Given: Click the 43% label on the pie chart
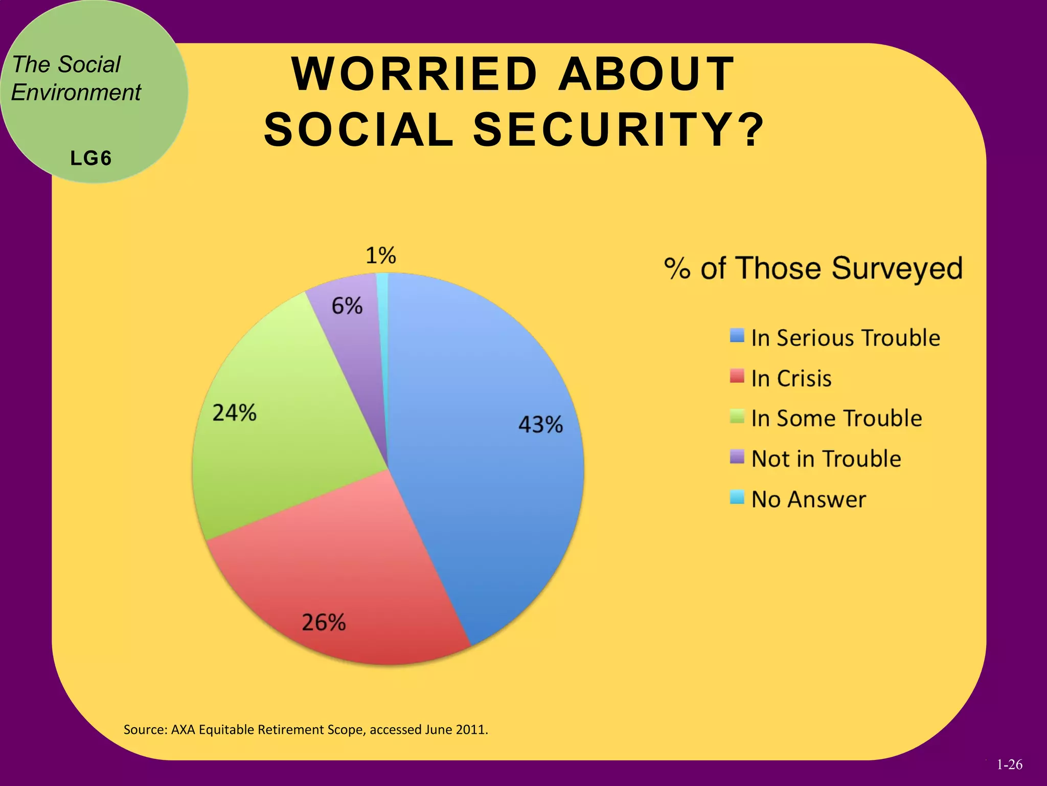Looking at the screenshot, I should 540,424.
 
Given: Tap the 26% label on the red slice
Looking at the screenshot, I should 324,622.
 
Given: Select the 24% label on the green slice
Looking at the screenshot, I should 234,412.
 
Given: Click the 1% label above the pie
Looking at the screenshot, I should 380,255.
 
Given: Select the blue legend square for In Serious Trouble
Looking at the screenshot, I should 737,336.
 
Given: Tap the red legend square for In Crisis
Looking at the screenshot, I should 737,377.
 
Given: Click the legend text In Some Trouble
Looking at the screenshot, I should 836,418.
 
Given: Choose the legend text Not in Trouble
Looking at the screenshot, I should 826,458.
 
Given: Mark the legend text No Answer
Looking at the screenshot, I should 809,499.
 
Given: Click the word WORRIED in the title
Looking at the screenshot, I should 415,74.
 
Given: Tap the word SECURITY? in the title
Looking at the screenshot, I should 619,130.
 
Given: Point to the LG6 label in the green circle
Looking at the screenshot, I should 91,159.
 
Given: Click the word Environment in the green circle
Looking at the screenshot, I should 76,93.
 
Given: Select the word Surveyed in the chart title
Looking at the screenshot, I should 897,269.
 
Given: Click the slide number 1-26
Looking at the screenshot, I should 1009,765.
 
